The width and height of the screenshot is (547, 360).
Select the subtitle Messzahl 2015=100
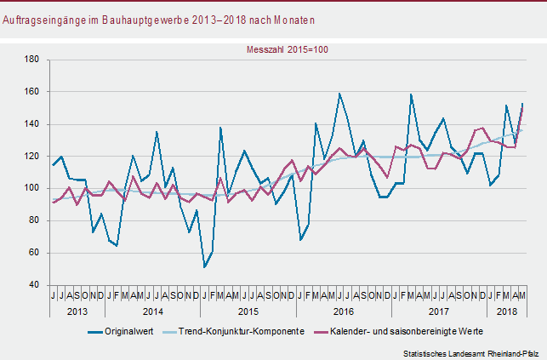[x=288, y=49]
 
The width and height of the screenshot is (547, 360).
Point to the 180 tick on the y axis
[x=32, y=60]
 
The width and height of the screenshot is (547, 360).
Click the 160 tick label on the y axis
[x=32, y=92]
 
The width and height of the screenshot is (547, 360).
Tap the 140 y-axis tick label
[x=32, y=124]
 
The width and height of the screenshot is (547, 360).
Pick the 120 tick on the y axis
[x=32, y=157]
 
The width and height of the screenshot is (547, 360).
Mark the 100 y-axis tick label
[x=32, y=188]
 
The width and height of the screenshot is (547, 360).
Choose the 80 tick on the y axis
[x=34, y=220]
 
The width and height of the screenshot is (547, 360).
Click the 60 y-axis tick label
[x=34, y=253]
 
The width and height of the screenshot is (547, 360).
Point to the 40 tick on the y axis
[x=34, y=285]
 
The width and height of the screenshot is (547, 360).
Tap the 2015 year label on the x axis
[x=248, y=312]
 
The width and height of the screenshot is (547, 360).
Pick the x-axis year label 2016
[x=344, y=312]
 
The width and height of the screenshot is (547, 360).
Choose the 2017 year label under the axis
[x=440, y=312]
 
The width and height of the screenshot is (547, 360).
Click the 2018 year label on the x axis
[x=508, y=312]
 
